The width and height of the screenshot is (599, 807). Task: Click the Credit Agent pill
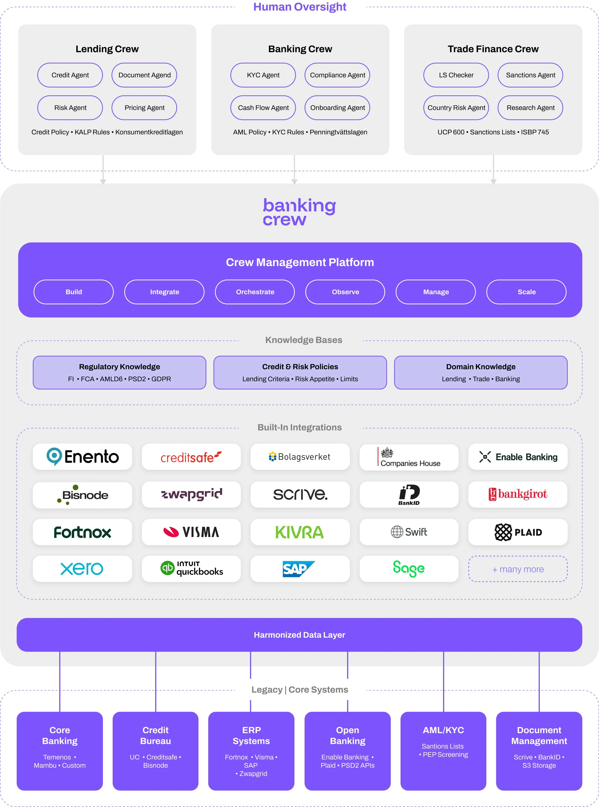coord(70,75)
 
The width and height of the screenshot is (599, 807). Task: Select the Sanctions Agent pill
coord(530,75)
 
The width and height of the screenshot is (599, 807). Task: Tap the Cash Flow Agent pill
coord(263,108)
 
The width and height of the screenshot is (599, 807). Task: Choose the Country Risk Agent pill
coord(456,108)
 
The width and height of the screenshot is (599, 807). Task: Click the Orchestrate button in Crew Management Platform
coord(255,292)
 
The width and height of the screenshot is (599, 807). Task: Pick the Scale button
coord(526,292)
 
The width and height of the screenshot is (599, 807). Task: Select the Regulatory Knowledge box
coord(119,372)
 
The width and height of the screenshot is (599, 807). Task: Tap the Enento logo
coord(82,456)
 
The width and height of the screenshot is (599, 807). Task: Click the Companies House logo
coord(409,457)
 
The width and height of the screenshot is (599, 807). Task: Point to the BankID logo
coord(409,495)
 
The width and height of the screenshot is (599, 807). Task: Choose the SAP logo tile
coord(300,569)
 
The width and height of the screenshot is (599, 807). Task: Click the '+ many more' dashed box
coord(518,569)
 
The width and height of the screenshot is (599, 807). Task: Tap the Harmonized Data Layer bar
coord(299,635)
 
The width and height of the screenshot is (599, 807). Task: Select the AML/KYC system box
coord(443,750)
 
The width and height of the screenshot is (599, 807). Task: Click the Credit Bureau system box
coord(156,750)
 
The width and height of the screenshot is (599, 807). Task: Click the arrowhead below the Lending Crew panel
coord(103,182)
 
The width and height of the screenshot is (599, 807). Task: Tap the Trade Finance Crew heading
coord(493,49)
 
